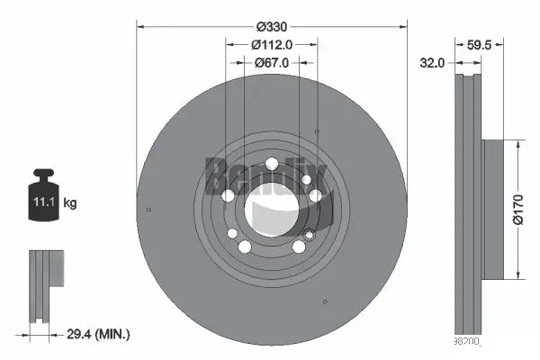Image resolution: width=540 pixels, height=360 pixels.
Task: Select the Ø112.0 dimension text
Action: (271, 44)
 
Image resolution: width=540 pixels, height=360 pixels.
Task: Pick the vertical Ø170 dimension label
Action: (518, 210)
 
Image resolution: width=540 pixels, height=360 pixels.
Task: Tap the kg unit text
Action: (69, 203)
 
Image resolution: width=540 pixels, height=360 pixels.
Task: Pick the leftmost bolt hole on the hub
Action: (228, 196)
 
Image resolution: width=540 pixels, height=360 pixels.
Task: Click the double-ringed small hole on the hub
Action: (310, 236)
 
